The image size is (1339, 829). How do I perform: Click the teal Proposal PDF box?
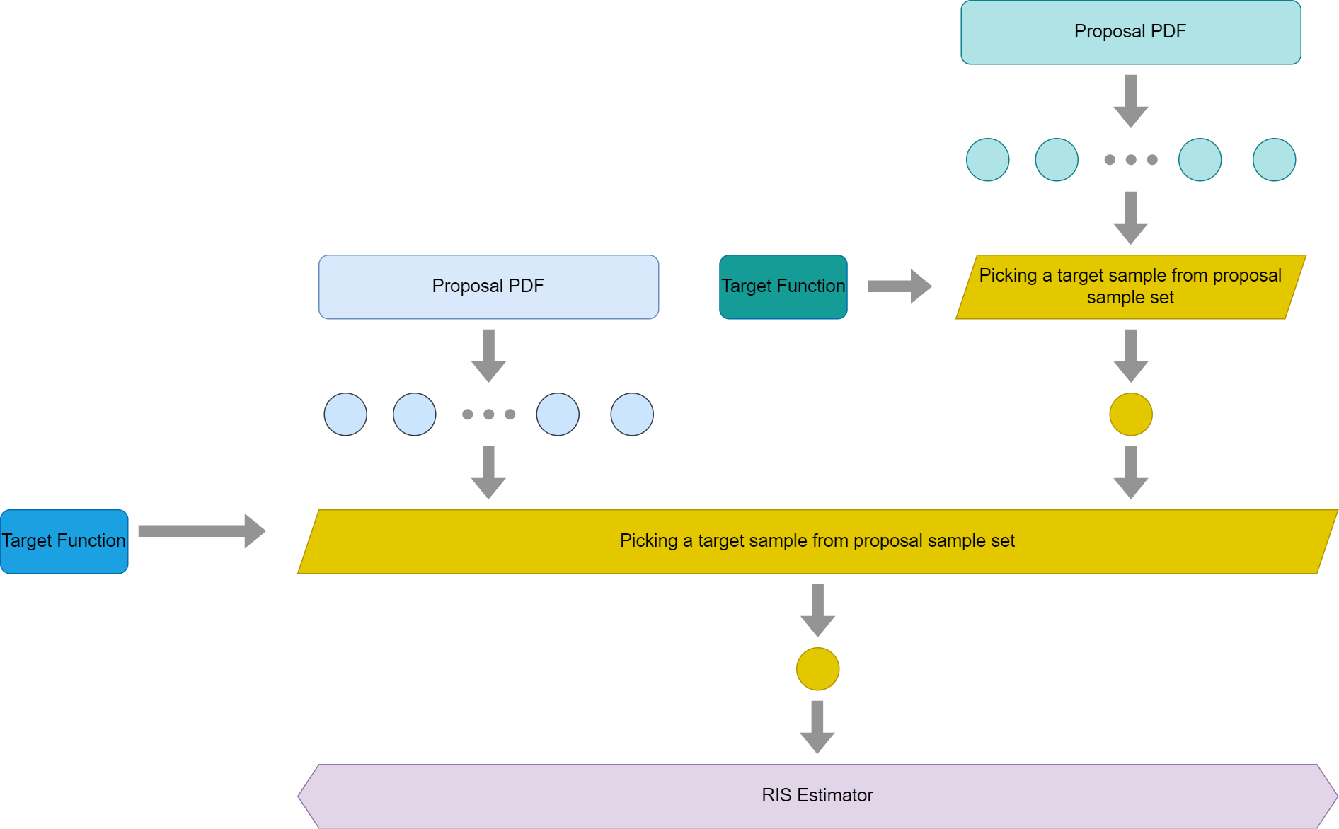[1130, 33]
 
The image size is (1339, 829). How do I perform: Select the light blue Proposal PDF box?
[488, 287]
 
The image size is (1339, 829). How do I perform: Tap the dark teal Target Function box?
[783, 287]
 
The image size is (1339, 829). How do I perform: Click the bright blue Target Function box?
[64, 542]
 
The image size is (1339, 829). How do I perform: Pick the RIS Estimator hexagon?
[817, 796]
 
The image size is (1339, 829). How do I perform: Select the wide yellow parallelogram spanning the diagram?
[817, 542]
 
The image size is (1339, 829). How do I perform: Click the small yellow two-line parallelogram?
[1130, 287]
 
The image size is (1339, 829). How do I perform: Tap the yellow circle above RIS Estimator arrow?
[817, 669]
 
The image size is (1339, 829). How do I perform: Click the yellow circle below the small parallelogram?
[1131, 414]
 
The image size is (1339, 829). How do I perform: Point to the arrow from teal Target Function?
[900, 286]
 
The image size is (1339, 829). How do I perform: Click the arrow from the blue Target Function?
[202, 531]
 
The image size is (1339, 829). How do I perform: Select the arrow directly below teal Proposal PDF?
[1131, 101]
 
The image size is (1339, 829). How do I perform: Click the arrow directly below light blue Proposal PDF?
[488, 356]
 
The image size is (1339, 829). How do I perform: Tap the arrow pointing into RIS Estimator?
[817, 727]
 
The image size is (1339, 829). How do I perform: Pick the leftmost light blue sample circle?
[345, 414]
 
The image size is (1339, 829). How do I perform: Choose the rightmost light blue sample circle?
[632, 414]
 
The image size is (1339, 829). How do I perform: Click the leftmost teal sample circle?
[988, 160]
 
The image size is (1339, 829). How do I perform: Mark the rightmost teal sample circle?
[1275, 160]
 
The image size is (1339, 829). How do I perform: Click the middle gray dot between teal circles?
[1131, 160]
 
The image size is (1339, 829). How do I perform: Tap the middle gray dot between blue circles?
[489, 414]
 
